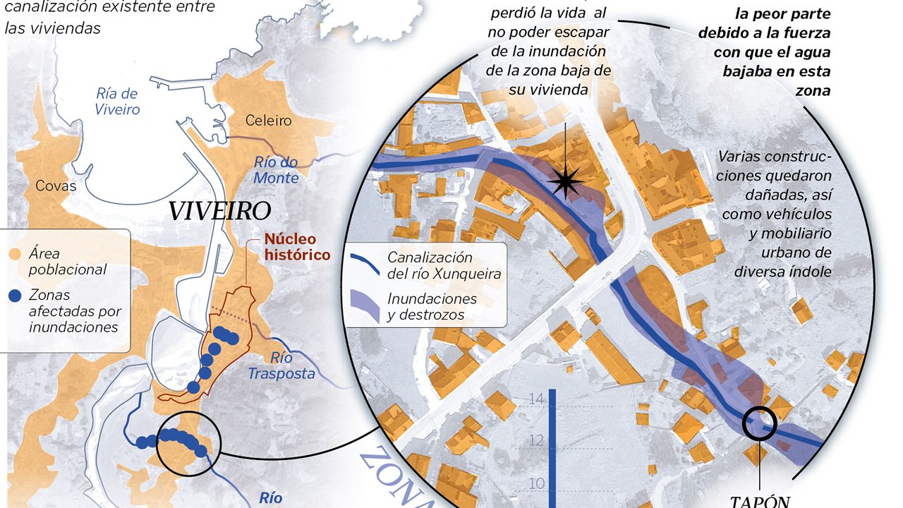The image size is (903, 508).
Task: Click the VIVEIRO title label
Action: point(219,210)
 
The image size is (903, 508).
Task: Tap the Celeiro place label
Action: point(268,121)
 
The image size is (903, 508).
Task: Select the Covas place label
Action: point(56,186)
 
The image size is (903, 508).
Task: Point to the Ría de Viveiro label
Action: point(118,102)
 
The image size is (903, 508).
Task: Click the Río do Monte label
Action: point(276,170)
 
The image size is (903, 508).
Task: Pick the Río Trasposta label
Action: point(281,365)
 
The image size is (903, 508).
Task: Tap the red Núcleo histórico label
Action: point(296,247)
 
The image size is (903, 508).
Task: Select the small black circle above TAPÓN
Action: point(760,423)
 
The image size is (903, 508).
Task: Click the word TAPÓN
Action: point(759,502)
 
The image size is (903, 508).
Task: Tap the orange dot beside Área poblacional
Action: point(15,254)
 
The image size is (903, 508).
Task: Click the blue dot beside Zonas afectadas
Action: point(15,296)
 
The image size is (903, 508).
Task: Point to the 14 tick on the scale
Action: point(536,399)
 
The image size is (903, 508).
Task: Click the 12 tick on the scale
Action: point(536,442)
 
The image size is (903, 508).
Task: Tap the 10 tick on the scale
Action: point(536,484)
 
